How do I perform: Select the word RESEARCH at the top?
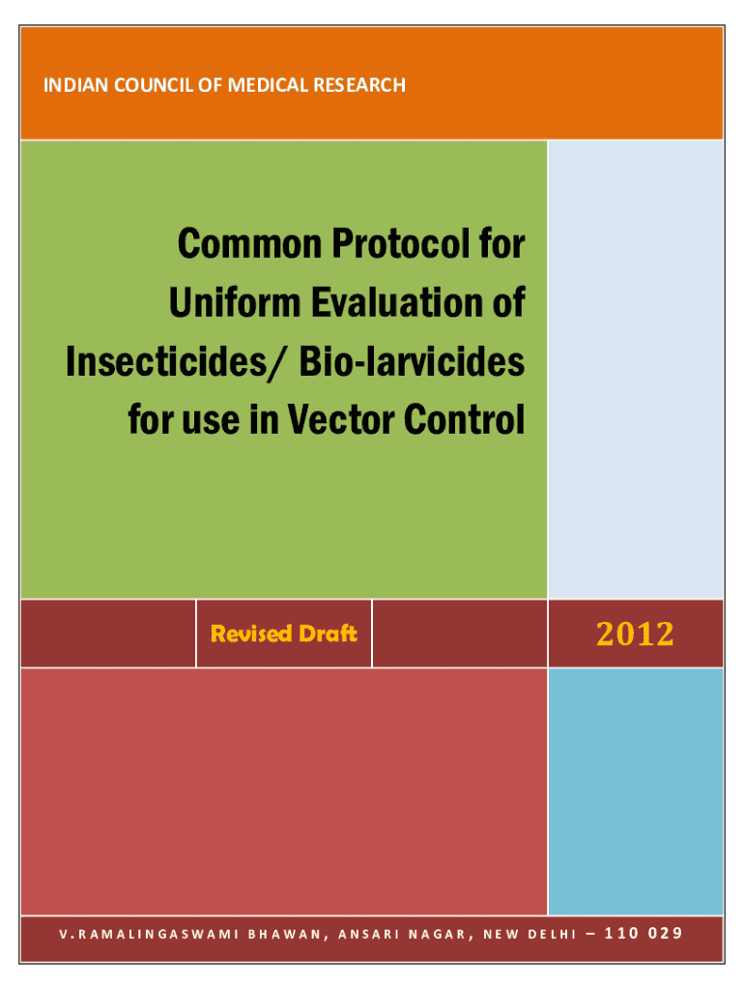359,85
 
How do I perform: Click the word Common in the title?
250,243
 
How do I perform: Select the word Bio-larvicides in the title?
412,362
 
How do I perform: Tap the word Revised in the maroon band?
251,634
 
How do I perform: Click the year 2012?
636,634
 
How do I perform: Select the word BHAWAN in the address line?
288,935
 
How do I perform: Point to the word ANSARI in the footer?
369,935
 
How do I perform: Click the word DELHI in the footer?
552,935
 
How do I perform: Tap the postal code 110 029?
644,934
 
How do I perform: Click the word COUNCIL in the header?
154,85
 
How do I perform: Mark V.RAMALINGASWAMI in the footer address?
150,935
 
